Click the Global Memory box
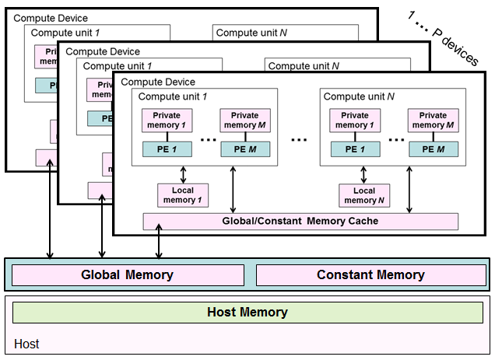coord(127,274)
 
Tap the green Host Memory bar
coord(247,313)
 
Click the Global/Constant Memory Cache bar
coord(300,221)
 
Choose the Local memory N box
coord(364,195)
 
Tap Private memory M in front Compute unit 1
coord(245,121)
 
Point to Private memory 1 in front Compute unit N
coord(349,121)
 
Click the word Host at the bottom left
coord(26,344)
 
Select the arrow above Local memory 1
coord(184,173)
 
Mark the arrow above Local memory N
coord(364,173)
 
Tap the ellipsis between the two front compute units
coord(300,141)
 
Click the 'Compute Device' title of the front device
coord(158,82)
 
